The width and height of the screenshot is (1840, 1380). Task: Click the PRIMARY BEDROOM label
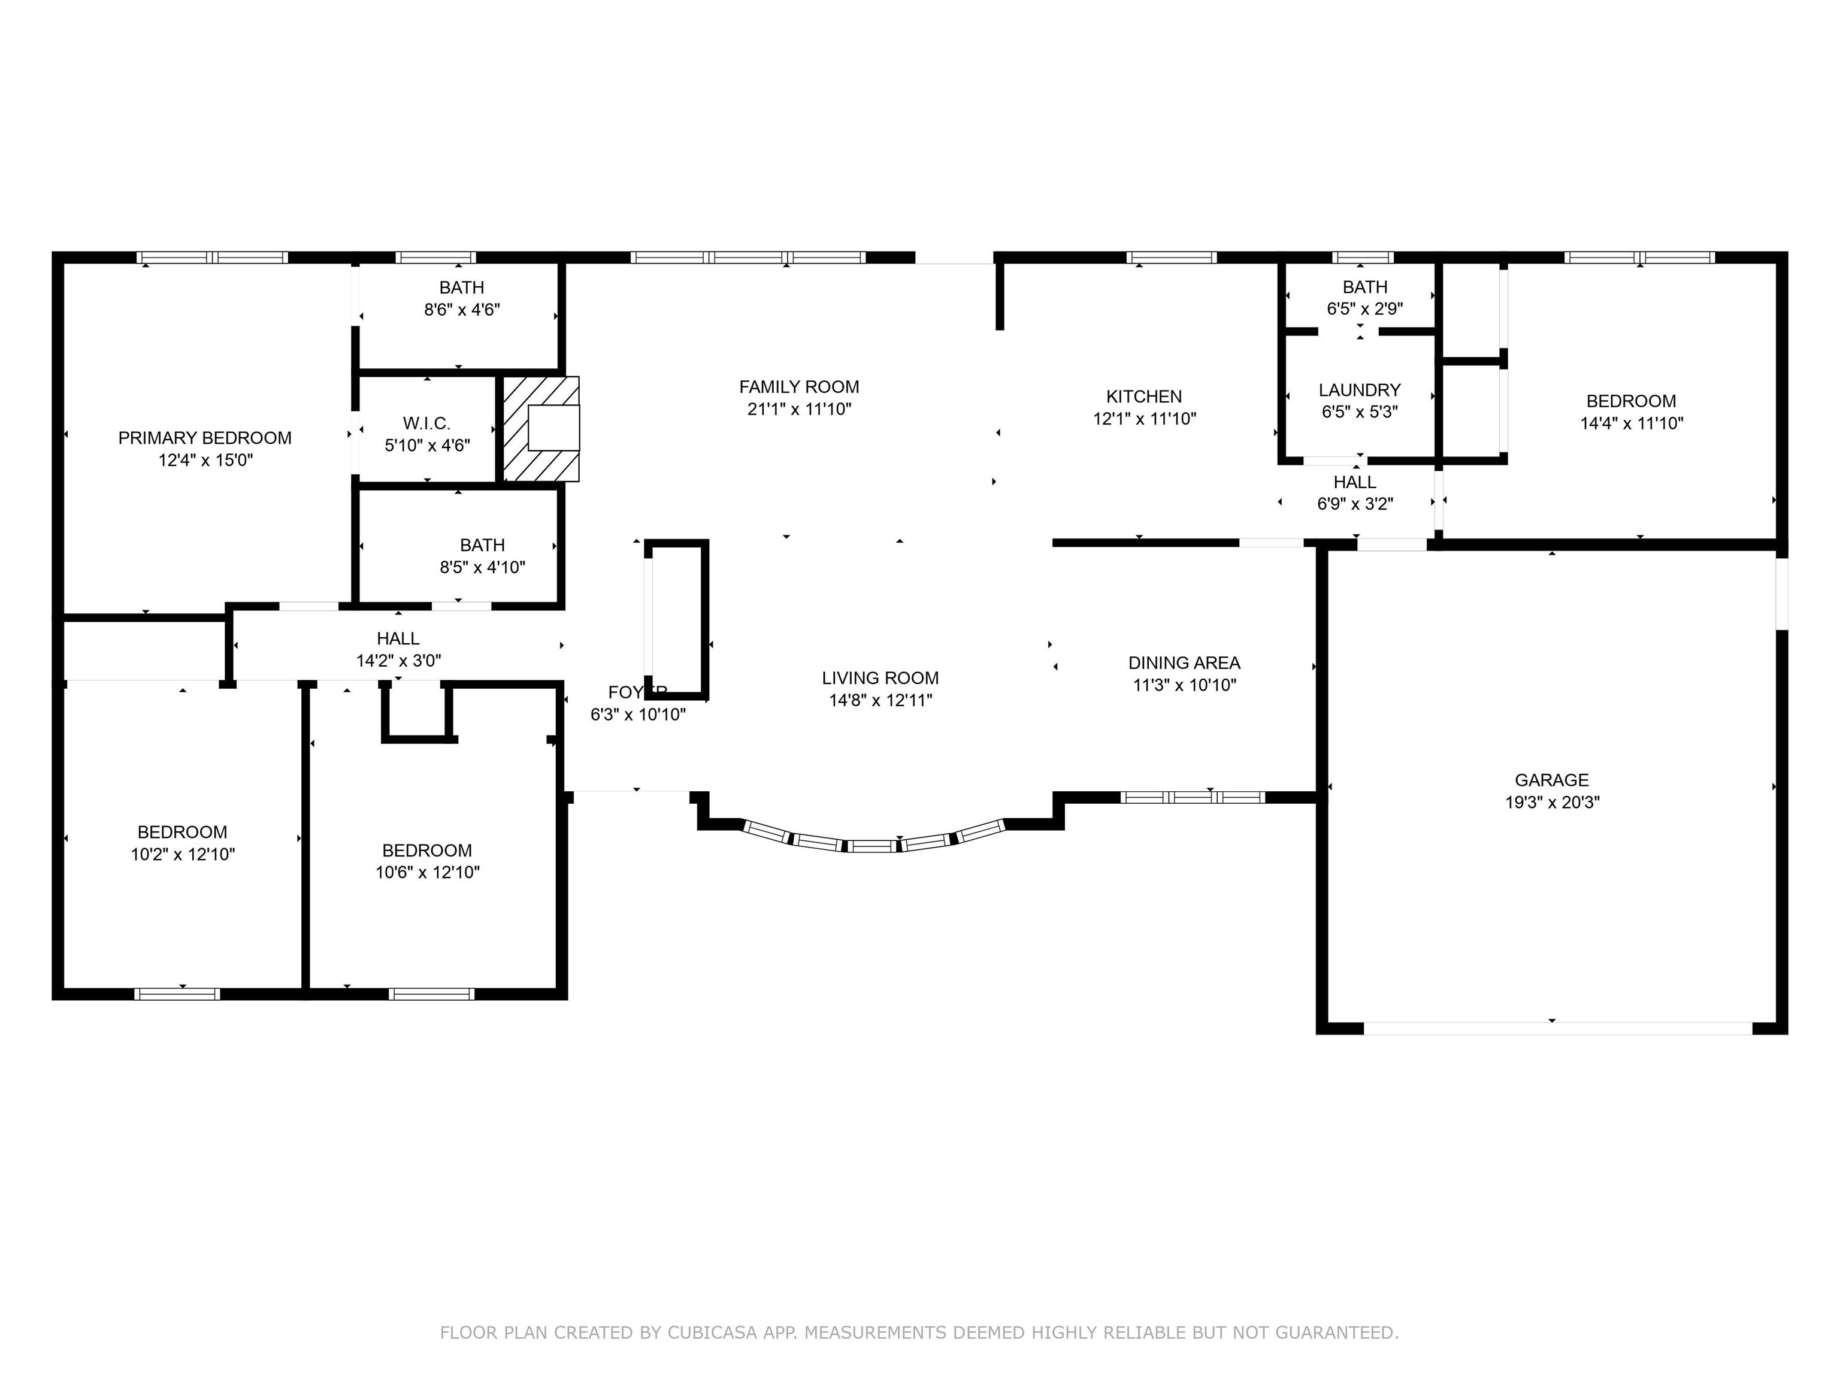click(205, 438)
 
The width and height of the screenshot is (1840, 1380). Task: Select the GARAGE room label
click(1551, 780)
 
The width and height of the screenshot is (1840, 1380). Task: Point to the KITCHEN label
click(1144, 397)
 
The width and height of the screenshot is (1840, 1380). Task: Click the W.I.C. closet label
click(426, 423)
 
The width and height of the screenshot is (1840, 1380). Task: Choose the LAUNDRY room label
click(1359, 390)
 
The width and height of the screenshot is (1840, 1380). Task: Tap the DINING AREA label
click(1185, 663)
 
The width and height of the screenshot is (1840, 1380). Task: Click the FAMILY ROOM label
click(798, 387)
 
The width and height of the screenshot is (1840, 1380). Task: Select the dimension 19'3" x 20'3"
click(1552, 803)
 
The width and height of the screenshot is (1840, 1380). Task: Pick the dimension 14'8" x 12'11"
click(880, 700)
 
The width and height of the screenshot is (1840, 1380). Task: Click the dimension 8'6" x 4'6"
click(462, 310)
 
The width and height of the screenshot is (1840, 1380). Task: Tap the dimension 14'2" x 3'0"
click(398, 661)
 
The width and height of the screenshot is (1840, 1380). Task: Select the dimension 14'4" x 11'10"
click(1631, 423)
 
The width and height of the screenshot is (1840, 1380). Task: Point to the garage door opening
click(1557, 1029)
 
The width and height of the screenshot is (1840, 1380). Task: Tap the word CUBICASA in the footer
click(712, 1333)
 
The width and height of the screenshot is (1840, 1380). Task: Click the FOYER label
click(637, 692)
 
